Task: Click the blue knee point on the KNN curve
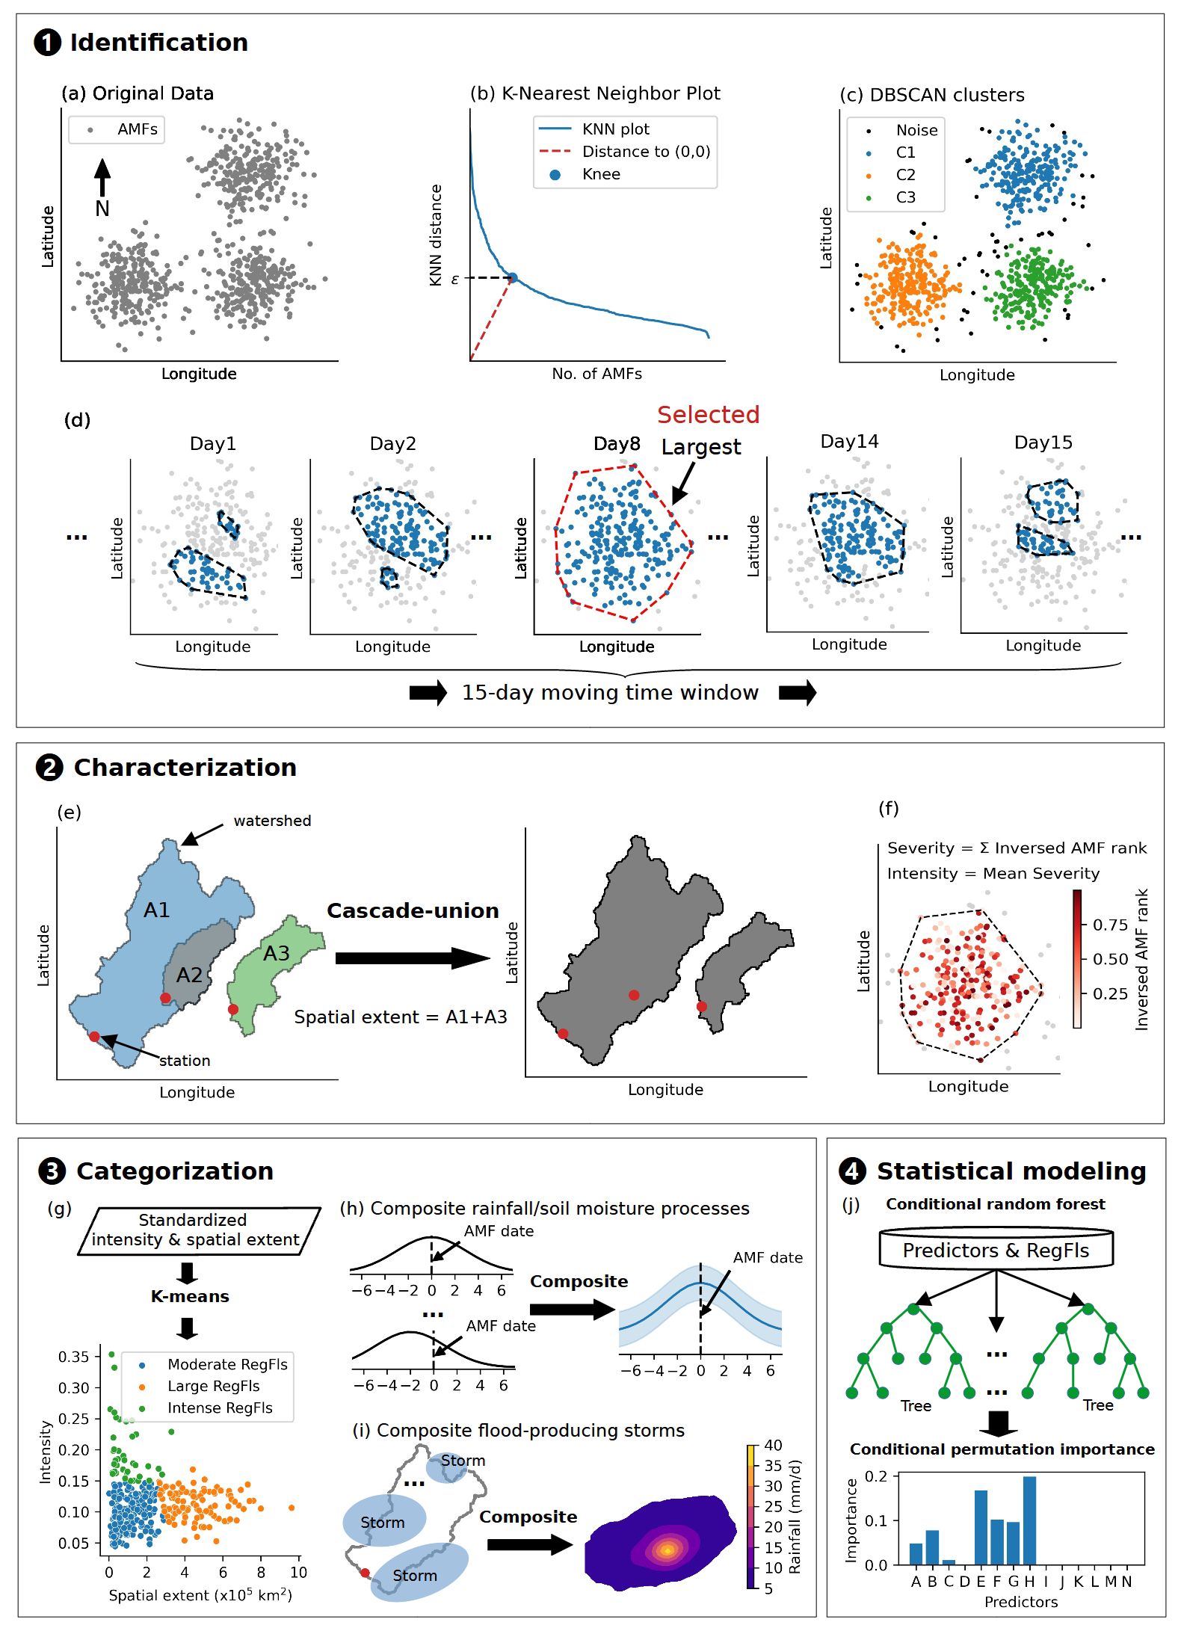click(x=513, y=278)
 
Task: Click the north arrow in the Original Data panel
click(x=102, y=179)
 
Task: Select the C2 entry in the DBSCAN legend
click(x=905, y=175)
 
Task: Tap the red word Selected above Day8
click(x=708, y=415)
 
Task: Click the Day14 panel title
click(x=849, y=442)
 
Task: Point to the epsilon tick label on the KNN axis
click(x=454, y=280)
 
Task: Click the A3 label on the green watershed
click(x=276, y=954)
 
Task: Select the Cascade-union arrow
click(x=412, y=958)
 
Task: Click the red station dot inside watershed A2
click(x=165, y=998)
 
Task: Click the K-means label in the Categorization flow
click(x=190, y=1296)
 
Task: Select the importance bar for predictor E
click(x=981, y=1526)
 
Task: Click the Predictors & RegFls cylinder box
click(x=996, y=1251)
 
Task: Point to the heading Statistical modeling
click(x=1011, y=1171)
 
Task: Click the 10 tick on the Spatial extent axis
click(x=298, y=1573)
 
